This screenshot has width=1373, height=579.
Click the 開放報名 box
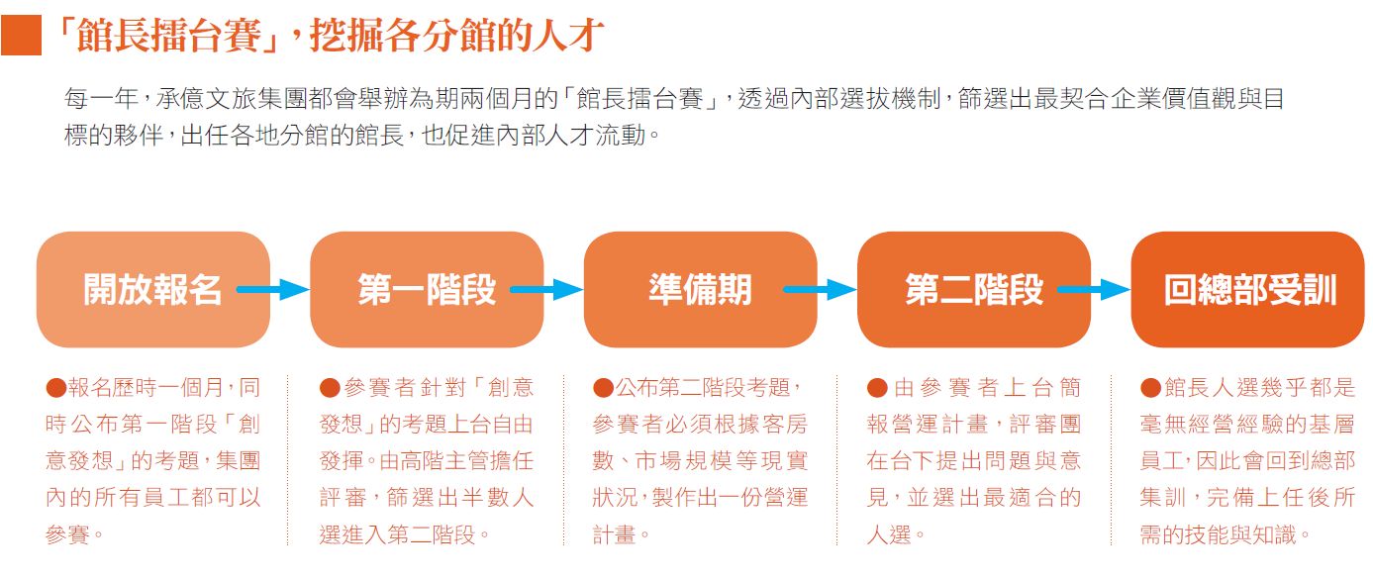(152, 289)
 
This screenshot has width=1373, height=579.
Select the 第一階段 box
(427, 289)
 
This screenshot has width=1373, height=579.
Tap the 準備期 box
(700, 289)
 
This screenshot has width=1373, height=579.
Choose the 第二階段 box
(974, 289)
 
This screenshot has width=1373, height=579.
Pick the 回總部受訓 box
(1248, 289)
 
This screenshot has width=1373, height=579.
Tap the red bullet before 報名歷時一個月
(55, 387)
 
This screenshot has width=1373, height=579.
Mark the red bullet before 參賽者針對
(330, 387)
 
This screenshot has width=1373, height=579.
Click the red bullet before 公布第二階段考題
(603, 387)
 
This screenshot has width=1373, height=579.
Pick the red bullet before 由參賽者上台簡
(877, 387)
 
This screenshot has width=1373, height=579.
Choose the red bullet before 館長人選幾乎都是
(1150, 387)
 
